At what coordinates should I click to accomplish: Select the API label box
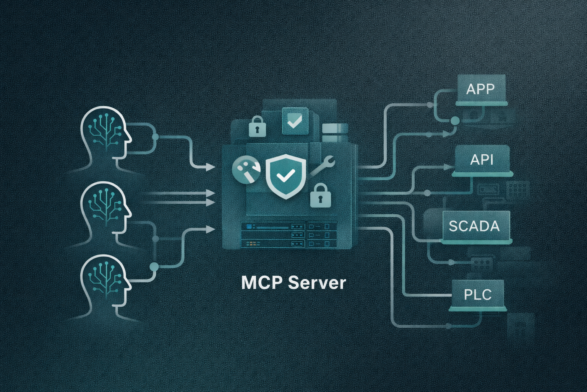pos(482,159)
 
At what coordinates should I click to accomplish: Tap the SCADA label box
pos(474,226)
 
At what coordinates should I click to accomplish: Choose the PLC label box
pos(478,294)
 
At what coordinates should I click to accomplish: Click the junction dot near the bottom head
pos(154,267)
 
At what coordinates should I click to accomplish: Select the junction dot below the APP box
pos(455,121)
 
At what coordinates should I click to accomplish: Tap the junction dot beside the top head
pos(155,137)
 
